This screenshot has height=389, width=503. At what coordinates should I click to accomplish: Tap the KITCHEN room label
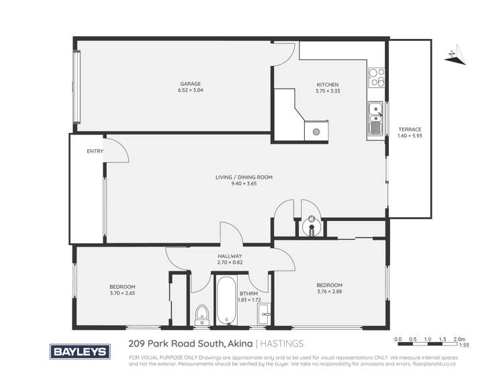(x=328, y=84)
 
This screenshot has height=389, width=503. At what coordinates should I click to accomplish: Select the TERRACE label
(x=410, y=129)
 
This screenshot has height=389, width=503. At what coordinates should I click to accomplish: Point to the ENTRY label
(x=95, y=151)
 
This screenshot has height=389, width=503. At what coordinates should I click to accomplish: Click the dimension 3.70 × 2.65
(x=122, y=293)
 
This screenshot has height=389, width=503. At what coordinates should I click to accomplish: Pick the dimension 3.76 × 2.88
(x=330, y=292)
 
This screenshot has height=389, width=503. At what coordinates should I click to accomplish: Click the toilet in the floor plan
(x=201, y=314)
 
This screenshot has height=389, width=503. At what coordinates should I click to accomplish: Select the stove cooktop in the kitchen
(x=377, y=78)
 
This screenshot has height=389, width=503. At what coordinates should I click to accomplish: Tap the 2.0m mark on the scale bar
(x=459, y=339)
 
